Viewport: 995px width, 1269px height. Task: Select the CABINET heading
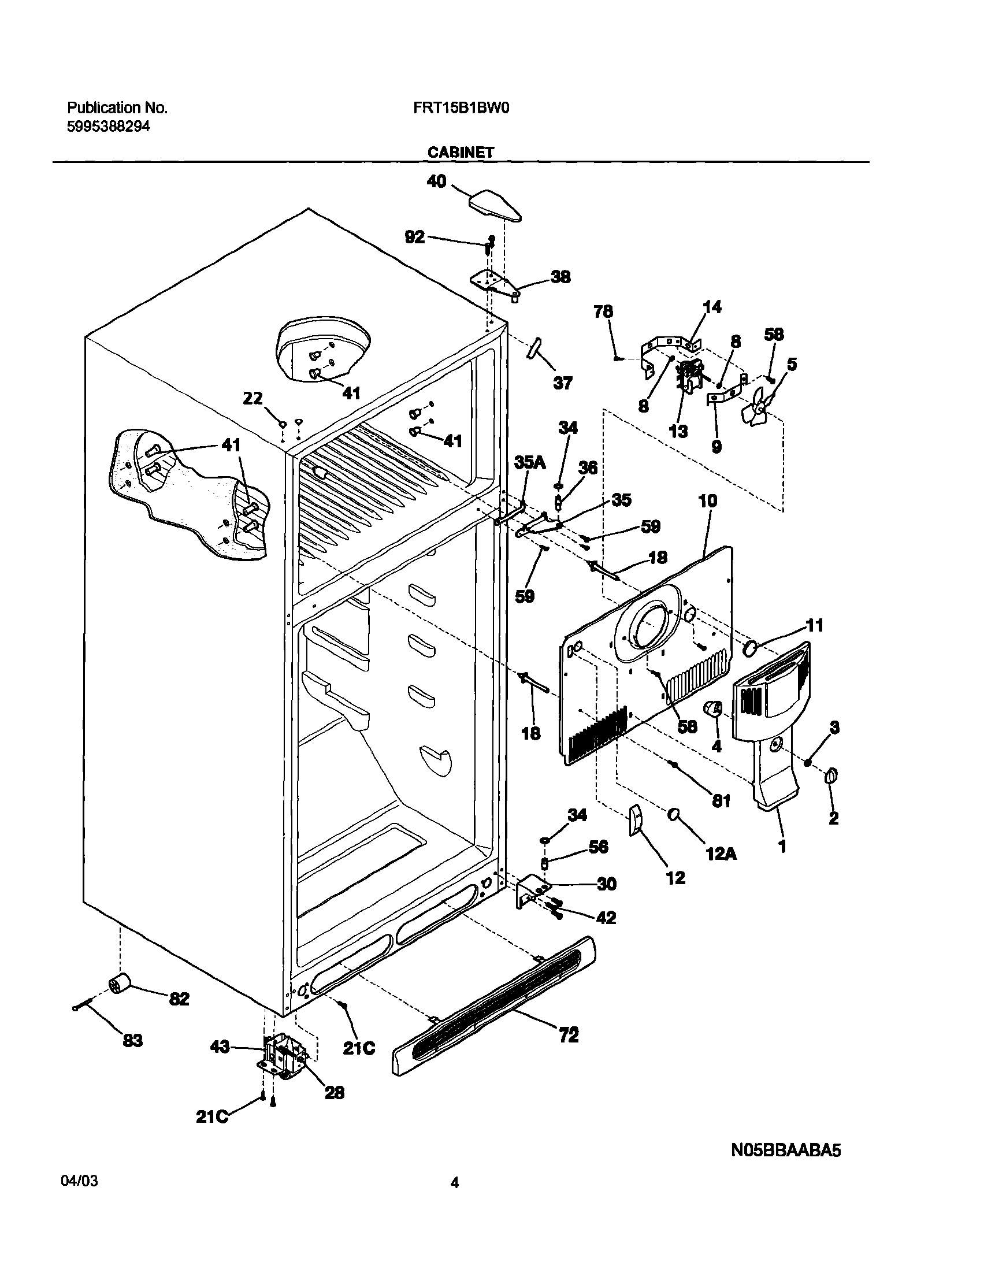tap(461, 153)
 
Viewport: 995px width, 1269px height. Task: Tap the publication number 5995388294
tap(109, 127)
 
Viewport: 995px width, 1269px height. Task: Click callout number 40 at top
tap(436, 182)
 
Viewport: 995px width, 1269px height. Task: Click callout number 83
tap(133, 1040)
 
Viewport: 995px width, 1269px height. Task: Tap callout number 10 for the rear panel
tap(708, 501)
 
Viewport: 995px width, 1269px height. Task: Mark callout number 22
tap(253, 399)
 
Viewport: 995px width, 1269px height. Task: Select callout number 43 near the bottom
tap(220, 1047)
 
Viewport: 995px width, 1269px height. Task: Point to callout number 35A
tap(529, 463)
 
